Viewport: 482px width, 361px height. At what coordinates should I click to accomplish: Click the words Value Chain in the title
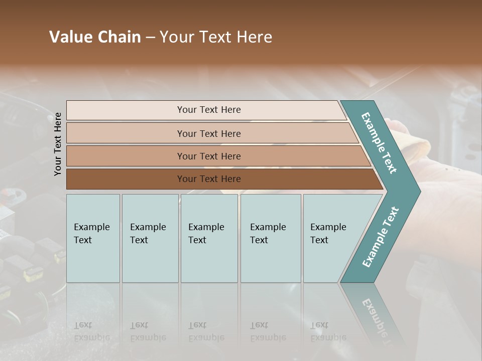point(95,37)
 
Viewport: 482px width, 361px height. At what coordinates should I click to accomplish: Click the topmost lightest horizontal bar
point(126,110)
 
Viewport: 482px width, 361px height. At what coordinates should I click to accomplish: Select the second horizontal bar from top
point(126,133)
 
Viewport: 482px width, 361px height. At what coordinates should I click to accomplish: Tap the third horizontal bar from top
point(126,156)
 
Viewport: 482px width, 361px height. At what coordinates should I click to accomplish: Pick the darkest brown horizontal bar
point(126,179)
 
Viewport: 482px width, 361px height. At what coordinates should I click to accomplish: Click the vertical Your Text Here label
point(58,144)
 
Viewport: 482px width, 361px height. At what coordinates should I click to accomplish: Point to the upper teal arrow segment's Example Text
point(379,143)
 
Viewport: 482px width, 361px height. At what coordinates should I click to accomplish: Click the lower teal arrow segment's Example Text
point(381,237)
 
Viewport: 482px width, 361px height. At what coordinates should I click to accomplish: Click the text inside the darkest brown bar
point(209,179)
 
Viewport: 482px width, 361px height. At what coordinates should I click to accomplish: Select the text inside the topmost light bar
point(209,110)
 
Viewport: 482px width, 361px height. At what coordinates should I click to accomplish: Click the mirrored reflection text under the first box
point(91,331)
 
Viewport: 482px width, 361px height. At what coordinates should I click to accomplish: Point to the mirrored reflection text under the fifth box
point(328,331)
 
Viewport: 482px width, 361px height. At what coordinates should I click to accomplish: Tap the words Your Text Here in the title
point(216,37)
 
